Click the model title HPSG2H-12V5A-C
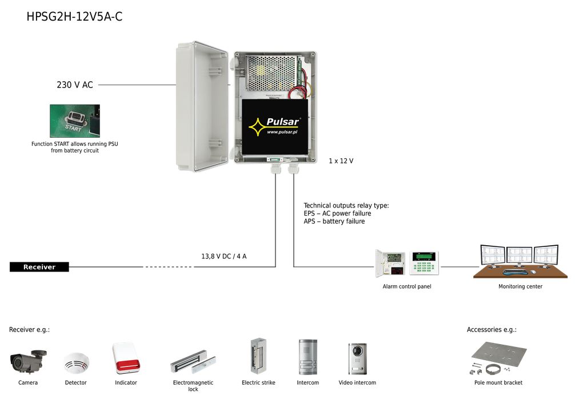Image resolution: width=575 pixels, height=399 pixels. coord(74,17)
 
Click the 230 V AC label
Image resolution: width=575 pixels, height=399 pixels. coord(74,85)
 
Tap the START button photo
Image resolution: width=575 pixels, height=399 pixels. coord(74,121)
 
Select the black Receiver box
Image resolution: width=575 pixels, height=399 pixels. coord(39,267)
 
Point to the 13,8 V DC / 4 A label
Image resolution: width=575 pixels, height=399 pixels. coord(224,257)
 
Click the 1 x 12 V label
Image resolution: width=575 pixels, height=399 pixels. coord(341,161)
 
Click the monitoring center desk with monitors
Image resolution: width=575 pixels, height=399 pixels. coord(520,263)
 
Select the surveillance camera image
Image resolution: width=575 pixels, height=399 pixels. coord(28,360)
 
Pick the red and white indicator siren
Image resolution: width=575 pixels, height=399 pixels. coord(126,358)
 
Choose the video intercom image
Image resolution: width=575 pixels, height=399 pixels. coord(357,358)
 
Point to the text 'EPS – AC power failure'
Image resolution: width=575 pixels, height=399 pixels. coord(337,214)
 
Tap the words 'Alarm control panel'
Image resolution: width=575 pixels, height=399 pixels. coord(407,287)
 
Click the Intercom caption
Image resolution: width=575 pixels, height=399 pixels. coord(308,383)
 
